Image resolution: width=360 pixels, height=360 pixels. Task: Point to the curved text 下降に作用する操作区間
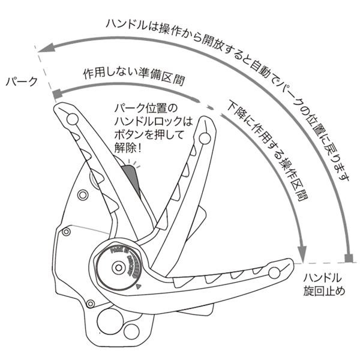tap(269, 155)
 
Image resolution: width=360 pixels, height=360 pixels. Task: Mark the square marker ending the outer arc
tap(348, 259)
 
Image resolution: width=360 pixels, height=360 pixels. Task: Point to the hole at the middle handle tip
tap(204, 139)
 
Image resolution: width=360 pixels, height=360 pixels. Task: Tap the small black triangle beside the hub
tap(139, 287)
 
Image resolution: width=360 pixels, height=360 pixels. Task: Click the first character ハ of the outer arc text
tap(112, 25)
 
